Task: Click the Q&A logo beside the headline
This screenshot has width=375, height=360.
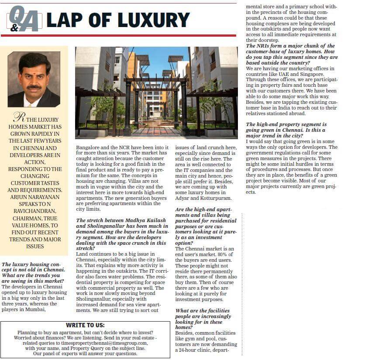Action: point(24,19)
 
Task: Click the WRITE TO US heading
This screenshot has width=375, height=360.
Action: point(86,325)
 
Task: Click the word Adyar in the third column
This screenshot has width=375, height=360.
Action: point(183,198)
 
